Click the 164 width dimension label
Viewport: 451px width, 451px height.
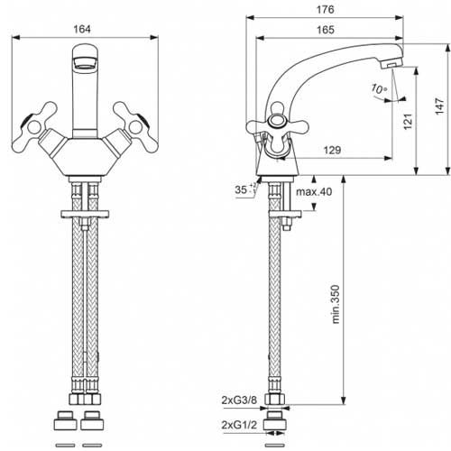pyautogui.click(x=82, y=29)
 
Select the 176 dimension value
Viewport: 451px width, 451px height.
pyautogui.click(x=325, y=10)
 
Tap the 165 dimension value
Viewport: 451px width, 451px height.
pyautogui.click(x=326, y=30)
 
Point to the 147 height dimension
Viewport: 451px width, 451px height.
pyautogui.click(x=439, y=106)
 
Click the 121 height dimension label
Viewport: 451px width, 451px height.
pyautogui.click(x=408, y=122)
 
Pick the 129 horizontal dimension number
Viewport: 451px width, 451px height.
pyautogui.click(x=332, y=150)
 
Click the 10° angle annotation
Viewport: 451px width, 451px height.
pyautogui.click(x=379, y=88)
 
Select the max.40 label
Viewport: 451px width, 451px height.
pyautogui.click(x=314, y=191)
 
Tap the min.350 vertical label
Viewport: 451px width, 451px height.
pyautogui.click(x=336, y=304)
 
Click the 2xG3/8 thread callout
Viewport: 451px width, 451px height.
pyautogui.click(x=239, y=400)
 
